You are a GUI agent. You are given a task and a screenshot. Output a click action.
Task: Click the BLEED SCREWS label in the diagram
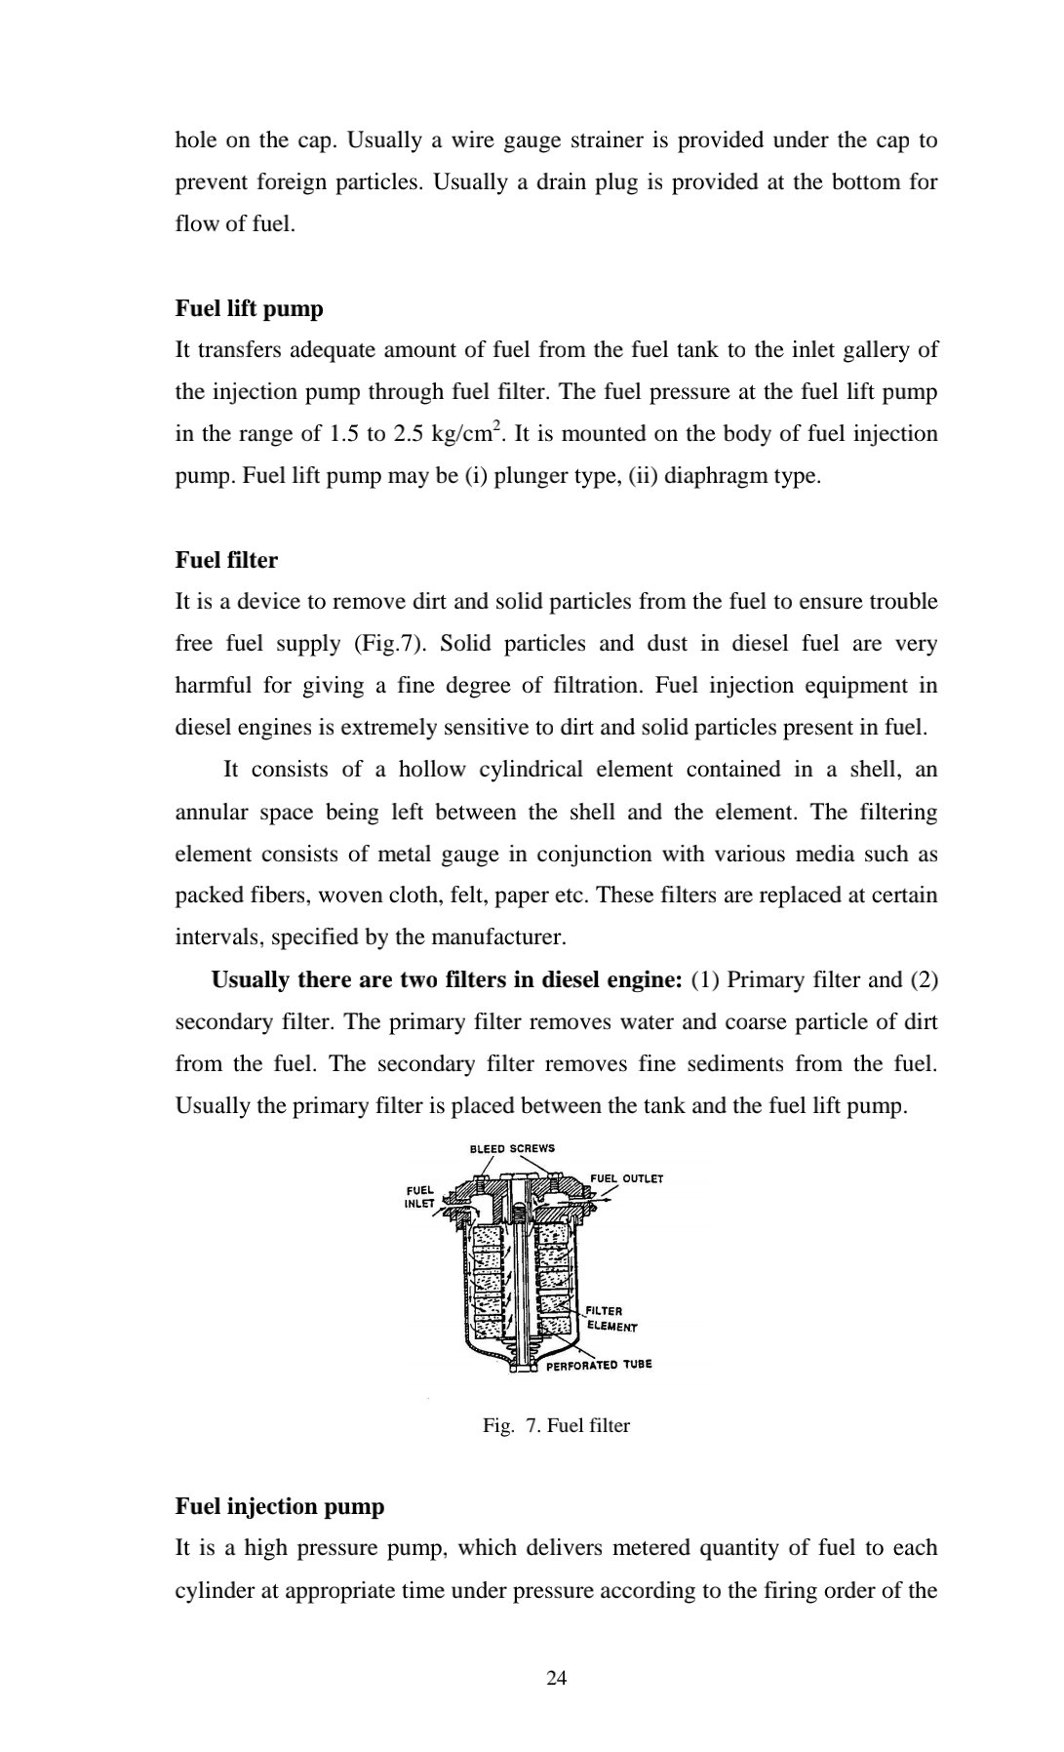click(x=512, y=1148)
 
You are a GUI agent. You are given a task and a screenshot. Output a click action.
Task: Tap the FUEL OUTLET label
click(x=626, y=1178)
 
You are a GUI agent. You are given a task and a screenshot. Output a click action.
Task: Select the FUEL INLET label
click(x=420, y=1197)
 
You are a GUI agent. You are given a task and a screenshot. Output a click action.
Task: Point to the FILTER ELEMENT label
click(x=611, y=1319)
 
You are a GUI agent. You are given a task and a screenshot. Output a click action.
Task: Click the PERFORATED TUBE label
click(x=598, y=1364)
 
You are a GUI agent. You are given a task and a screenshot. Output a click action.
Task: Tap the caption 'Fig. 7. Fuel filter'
click(x=556, y=1425)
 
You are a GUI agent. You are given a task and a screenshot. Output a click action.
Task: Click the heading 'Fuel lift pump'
click(x=249, y=308)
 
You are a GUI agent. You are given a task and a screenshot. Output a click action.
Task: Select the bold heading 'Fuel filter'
click(x=226, y=560)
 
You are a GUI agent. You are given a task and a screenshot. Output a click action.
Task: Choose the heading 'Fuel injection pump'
click(x=280, y=1506)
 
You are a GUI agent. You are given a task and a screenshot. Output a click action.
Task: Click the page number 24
click(x=557, y=1678)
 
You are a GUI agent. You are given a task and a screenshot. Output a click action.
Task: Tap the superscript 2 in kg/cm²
click(x=497, y=425)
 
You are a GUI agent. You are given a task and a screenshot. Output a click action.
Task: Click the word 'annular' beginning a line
click(x=208, y=813)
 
